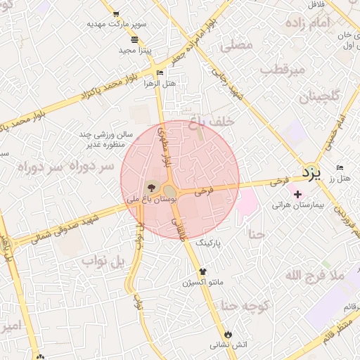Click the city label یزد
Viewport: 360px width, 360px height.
311,172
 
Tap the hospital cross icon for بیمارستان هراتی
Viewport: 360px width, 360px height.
297,194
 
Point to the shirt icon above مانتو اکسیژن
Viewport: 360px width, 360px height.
203,271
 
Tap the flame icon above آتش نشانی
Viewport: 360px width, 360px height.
227,334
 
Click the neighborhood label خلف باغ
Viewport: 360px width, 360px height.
211,123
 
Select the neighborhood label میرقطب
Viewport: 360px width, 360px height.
281,70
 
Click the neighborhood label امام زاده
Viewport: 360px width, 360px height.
308,23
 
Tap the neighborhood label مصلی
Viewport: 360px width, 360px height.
236,46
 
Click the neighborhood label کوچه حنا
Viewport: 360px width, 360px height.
245,305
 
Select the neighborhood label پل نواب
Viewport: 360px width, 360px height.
103,262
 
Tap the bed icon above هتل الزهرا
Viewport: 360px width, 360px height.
160,72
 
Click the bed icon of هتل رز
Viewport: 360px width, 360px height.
340,168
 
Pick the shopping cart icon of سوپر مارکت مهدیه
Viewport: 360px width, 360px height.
115,13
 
